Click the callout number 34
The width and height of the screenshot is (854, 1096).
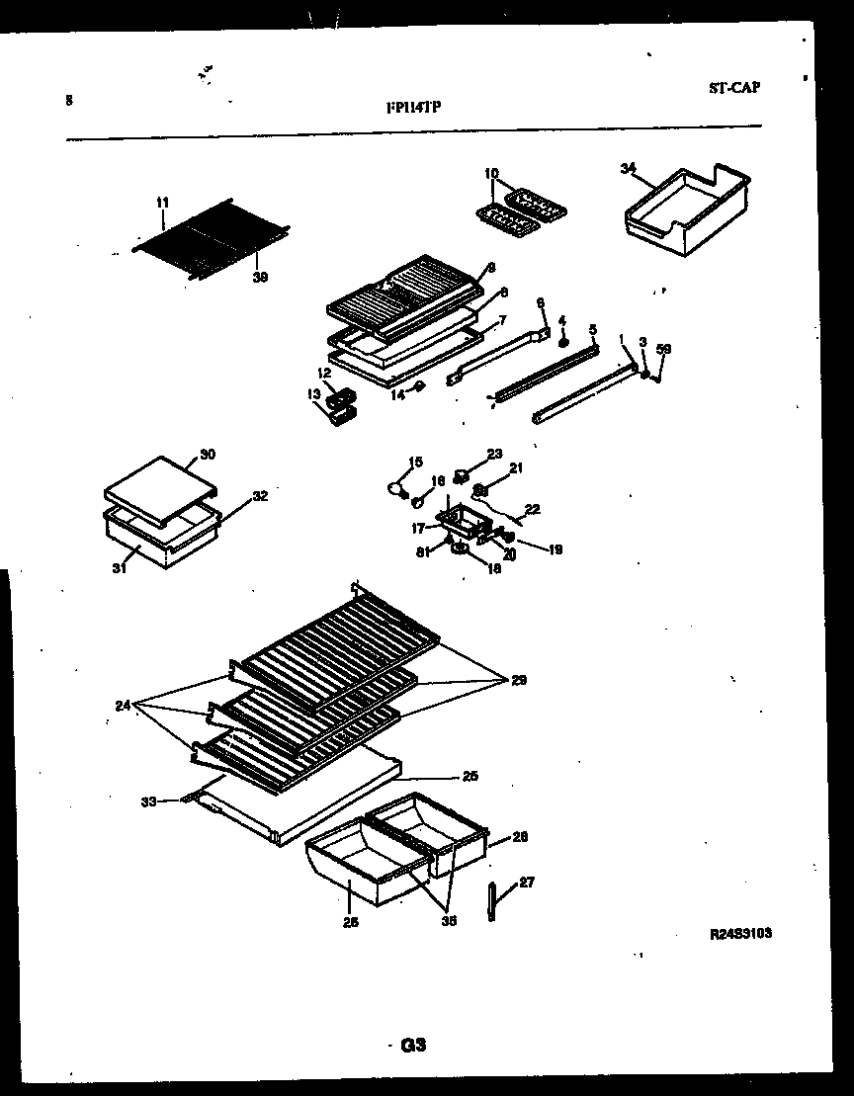[x=627, y=168]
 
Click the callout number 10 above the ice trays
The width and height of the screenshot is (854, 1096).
[x=491, y=174]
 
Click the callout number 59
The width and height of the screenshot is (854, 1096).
[x=664, y=348]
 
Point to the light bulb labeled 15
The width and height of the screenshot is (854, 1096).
[x=397, y=486]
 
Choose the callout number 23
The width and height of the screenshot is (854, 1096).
[x=495, y=454]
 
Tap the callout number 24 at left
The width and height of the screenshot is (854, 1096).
[x=122, y=706]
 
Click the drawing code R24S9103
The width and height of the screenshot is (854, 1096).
[x=739, y=932]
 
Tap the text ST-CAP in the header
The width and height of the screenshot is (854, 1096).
[x=733, y=87]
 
